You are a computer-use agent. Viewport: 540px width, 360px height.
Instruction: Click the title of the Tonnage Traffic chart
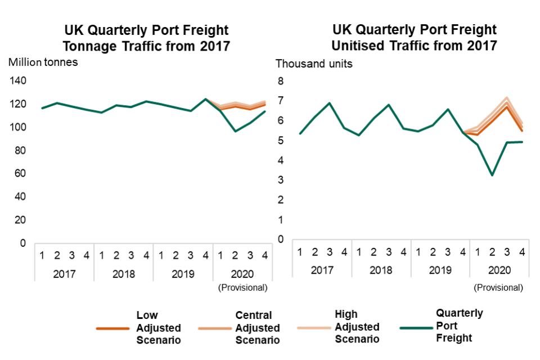147,38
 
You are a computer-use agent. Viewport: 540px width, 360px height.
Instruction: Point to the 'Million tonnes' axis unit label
43,62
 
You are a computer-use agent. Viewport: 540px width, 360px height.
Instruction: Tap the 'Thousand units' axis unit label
314,64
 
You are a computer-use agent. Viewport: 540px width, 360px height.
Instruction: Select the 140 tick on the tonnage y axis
19,81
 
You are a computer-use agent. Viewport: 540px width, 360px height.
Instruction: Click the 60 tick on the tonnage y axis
21,173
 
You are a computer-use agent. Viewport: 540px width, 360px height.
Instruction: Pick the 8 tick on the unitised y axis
280,81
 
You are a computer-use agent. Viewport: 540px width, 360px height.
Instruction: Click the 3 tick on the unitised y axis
280,180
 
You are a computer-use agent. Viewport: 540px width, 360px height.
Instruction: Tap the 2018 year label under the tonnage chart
124,274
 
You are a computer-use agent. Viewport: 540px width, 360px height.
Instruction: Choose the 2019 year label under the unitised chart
440,270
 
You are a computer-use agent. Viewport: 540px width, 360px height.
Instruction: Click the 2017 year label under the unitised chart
322,270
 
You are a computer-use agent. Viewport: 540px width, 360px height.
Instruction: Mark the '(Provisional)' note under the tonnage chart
242,287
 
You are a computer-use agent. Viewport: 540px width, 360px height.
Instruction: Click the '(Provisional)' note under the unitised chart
498,287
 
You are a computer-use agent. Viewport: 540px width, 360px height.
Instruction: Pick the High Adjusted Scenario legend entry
357,327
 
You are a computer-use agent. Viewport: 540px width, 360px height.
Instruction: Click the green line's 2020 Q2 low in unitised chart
492,175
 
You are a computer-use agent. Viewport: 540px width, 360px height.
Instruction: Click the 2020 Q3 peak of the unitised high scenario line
507,98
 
